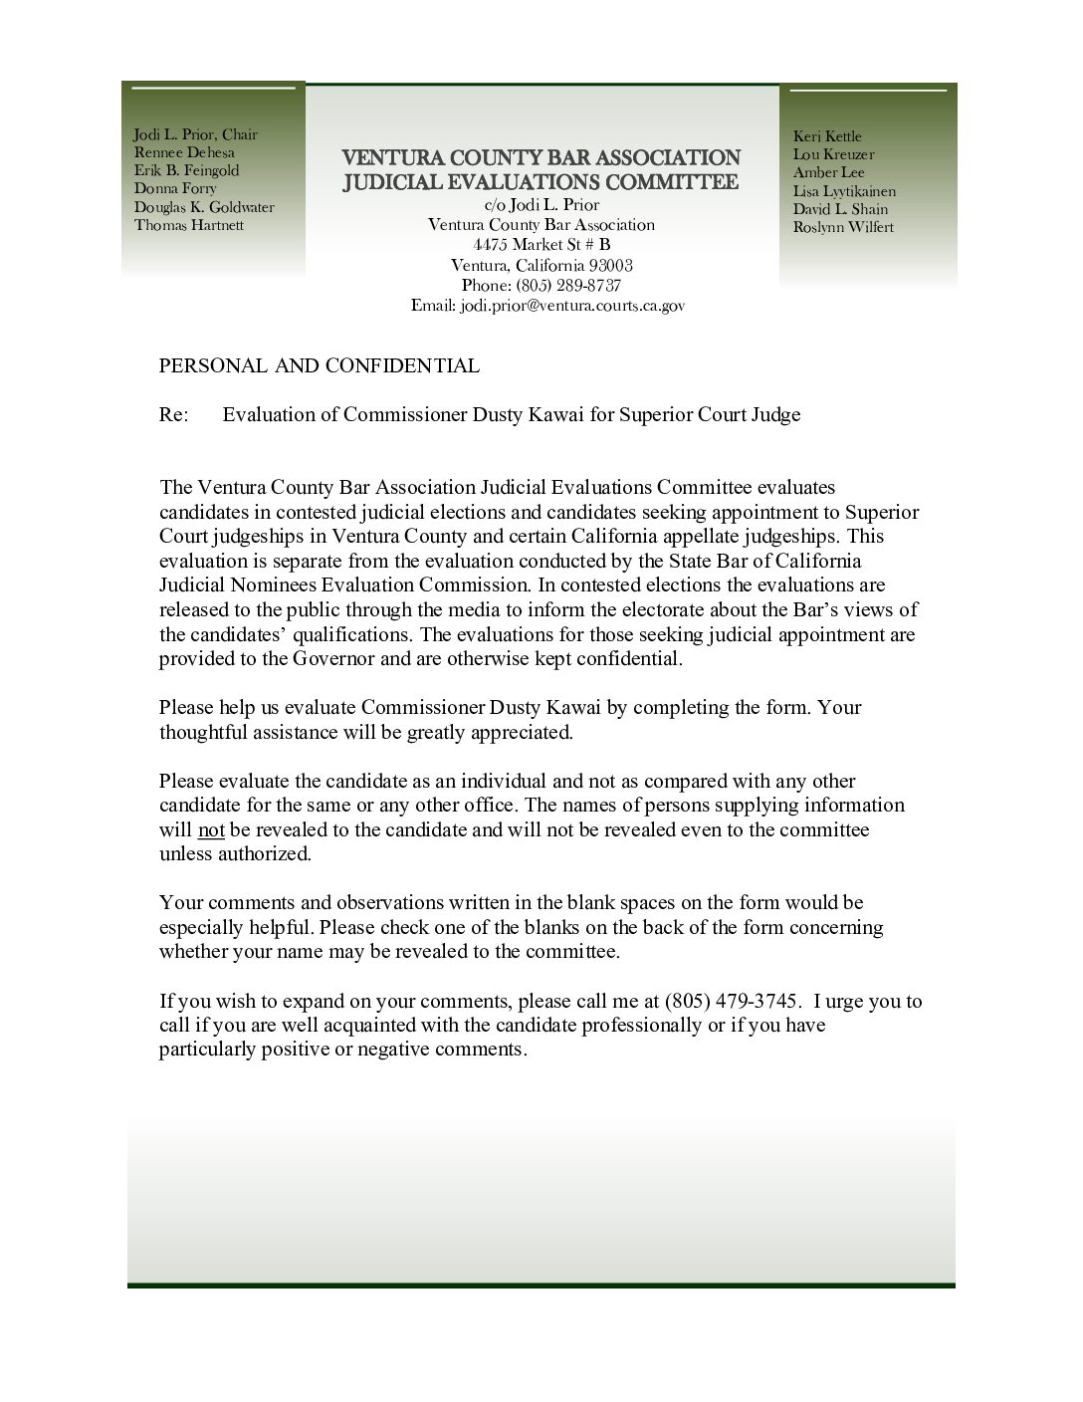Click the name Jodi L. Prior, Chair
[195, 135]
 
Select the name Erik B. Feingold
[186, 170]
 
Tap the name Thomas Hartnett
[189, 225]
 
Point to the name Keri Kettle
[827, 136]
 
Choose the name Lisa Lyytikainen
[844, 191]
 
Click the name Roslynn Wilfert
[843, 227]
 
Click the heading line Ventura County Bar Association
[541, 158]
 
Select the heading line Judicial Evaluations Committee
[541, 182]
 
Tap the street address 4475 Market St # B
[541, 245]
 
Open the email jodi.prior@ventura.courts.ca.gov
[571, 306]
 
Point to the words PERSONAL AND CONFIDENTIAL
[319, 365]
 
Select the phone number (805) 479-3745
[732, 1001]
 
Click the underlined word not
[211, 829]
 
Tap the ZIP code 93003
[610, 266]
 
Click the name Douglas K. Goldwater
[204, 207]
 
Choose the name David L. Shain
[840, 209]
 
